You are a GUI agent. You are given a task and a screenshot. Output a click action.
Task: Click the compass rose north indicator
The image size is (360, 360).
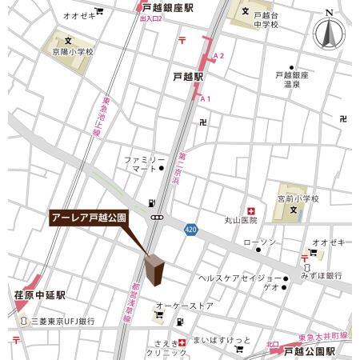pos(330,34)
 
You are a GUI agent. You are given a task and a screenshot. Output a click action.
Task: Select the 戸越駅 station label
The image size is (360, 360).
pos(188,77)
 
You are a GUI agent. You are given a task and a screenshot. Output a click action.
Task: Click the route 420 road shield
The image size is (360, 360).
pos(190,228)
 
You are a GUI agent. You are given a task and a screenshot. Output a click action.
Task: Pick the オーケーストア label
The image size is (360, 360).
pos(184,306)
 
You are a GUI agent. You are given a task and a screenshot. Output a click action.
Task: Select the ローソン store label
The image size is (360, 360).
pos(259,242)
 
